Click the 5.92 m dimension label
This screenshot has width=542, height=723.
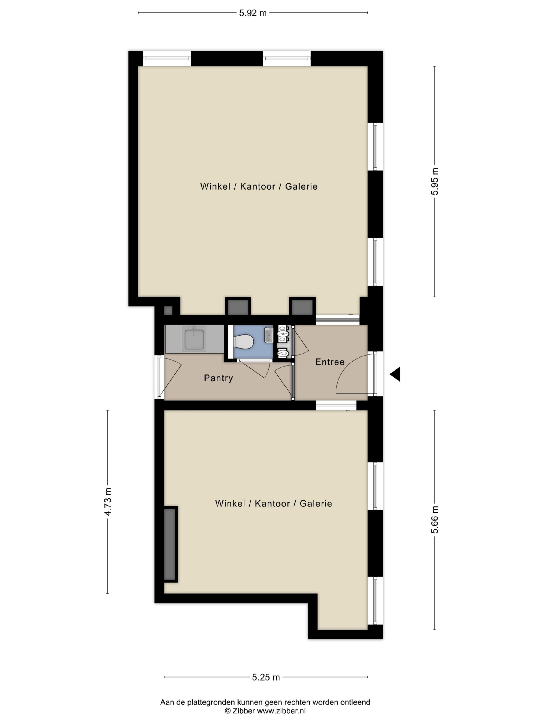253,13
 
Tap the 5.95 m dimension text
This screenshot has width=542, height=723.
434,181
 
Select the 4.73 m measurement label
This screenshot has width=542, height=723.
108,501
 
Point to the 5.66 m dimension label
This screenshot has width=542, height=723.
434,520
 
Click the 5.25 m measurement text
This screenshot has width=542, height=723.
266,677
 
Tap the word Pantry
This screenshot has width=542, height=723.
218,378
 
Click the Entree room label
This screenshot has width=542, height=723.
330,362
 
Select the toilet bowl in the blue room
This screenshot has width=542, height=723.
244,342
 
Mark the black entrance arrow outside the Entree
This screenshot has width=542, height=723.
395,374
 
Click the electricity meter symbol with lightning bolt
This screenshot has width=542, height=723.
283,334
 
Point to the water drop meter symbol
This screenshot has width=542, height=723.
283,353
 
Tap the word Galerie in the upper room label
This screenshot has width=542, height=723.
301,186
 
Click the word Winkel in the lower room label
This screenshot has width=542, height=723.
230,504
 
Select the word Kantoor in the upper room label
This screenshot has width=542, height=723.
258,186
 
